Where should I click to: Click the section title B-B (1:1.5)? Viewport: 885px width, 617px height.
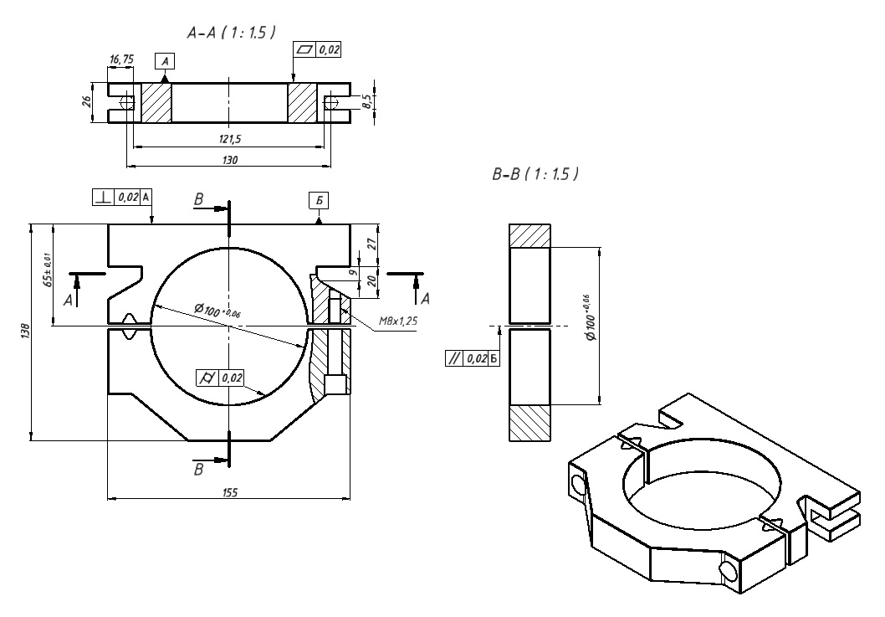[536, 174]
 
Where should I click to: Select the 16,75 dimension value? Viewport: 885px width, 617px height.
[122, 59]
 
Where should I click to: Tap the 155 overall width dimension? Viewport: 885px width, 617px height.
[228, 493]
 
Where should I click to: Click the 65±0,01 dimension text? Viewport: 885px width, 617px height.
[47, 270]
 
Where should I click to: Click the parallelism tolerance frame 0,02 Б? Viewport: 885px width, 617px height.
[470, 358]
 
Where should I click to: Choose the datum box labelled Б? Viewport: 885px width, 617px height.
[319, 199]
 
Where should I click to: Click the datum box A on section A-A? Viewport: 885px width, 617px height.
[165, 60]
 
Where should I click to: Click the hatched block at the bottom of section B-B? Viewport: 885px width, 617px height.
[529, 423]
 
